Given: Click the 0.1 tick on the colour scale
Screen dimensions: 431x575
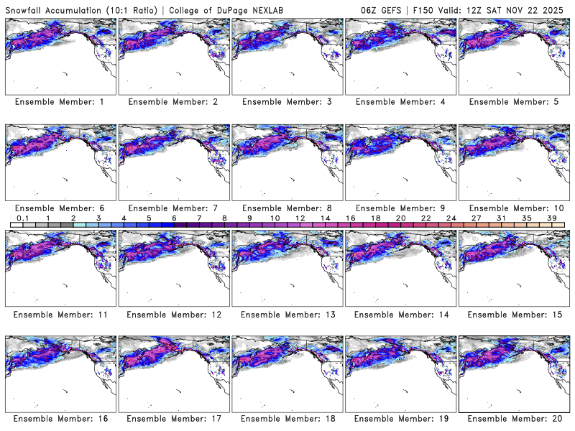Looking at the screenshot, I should click(x=22, y=218).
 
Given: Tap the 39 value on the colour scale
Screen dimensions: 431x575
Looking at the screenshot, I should click(x=552, y=218).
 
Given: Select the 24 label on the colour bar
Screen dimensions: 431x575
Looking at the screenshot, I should click(x=451, y=218).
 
